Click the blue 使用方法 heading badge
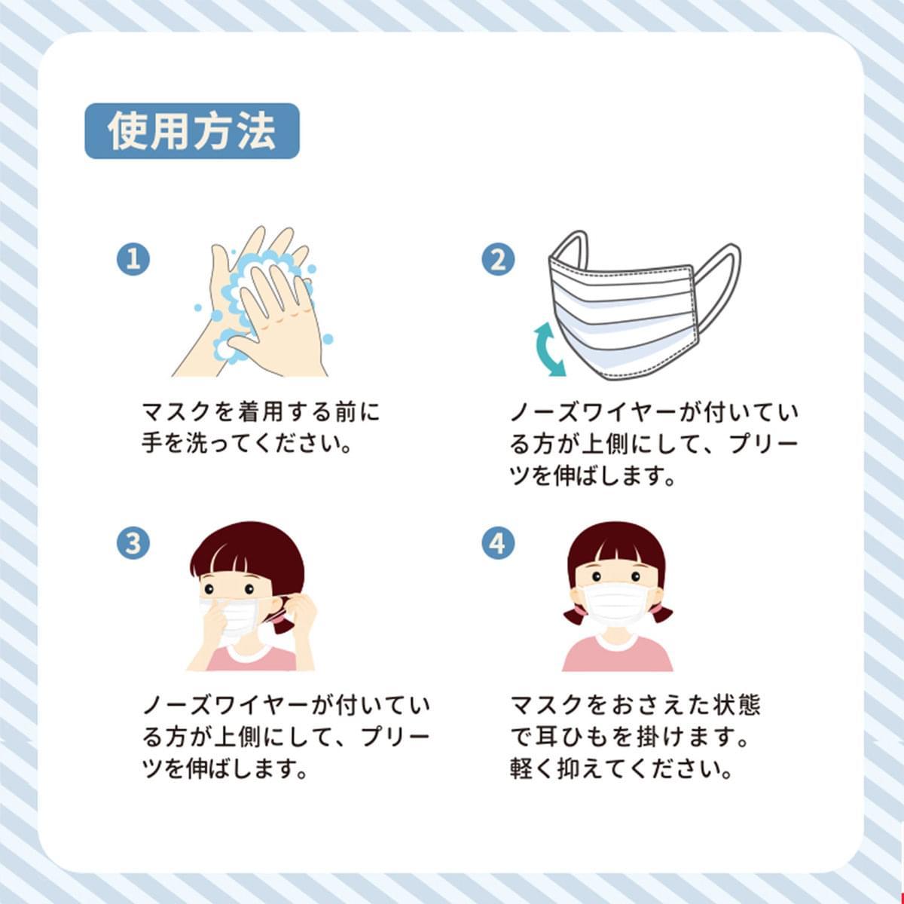pyautogui.click(x=192, y=131)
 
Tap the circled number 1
pyautogui.click(x=133, y=259)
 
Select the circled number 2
pyautogui.click(x=498, y=259)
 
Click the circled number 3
pyautogui.click(x=133, y=544)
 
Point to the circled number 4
pyautogui.click(x=498, y=544)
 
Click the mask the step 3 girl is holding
pyautogui.click(x=234, y=615)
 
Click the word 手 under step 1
pyautogui.click(x=152, y=443)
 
